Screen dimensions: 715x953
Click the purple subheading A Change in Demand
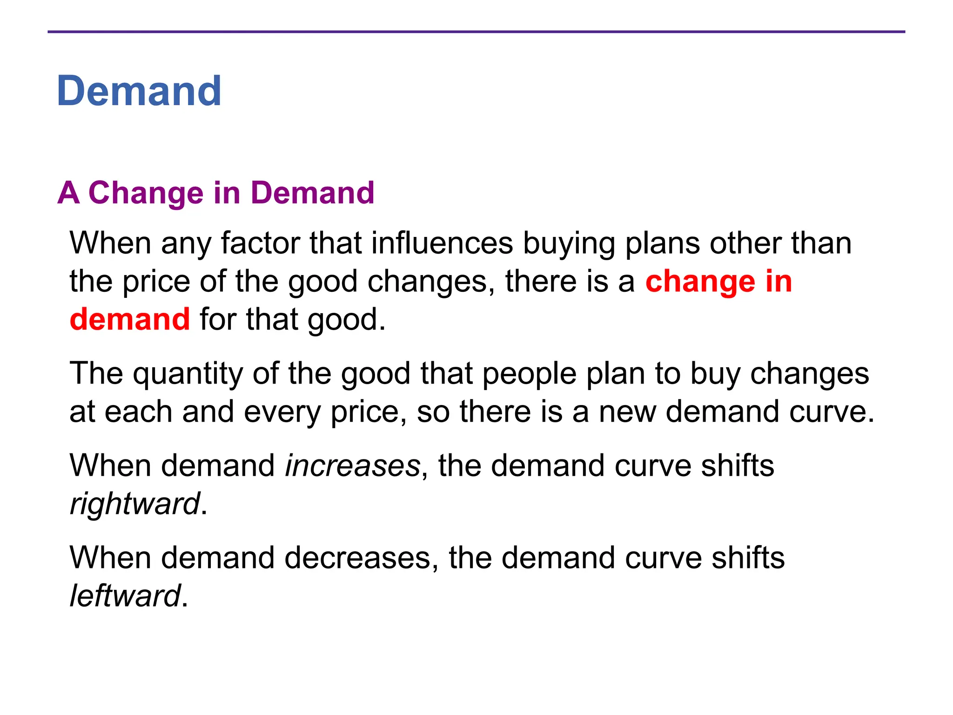point(215,193)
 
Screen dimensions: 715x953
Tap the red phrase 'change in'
point(718,282)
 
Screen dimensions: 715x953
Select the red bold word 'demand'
point(130,320)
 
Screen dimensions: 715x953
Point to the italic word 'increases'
point(353,466)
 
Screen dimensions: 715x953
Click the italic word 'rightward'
point(135,504)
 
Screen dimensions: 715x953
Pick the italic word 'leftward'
point(125,596)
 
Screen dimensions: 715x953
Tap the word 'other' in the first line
point(745,243)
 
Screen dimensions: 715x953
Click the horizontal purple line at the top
point(476,32)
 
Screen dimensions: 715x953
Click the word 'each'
point(138,412)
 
